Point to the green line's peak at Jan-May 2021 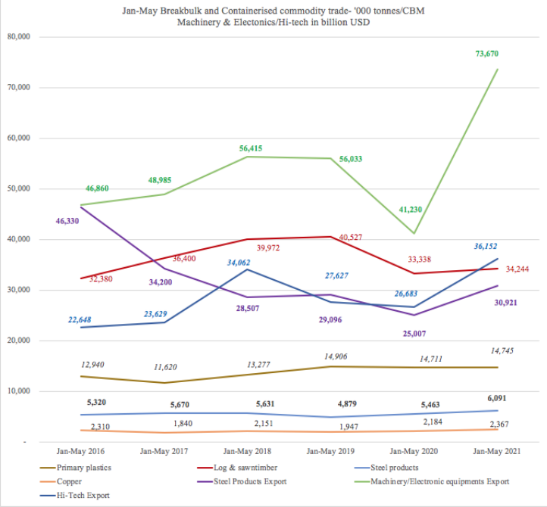pyautogui.click(x=497, y=70)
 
